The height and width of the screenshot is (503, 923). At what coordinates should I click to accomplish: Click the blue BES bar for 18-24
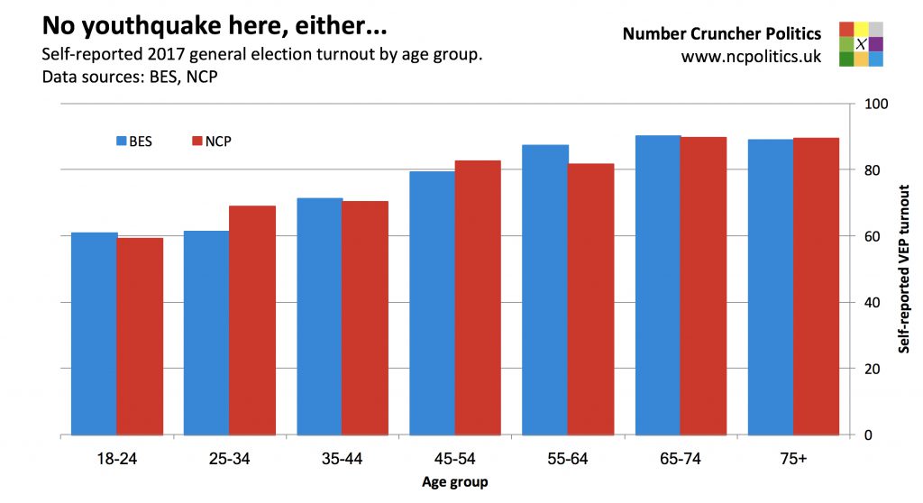point(95,334)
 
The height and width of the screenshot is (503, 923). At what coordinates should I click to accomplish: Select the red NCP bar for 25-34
point(252,320)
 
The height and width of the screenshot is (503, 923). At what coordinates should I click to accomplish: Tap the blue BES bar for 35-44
point(320,316)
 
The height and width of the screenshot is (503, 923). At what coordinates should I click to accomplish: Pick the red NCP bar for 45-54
point(478,297)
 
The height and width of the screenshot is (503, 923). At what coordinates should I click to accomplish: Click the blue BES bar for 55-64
point(545,289)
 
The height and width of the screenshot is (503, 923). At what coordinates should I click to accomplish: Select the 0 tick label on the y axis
point(869,435)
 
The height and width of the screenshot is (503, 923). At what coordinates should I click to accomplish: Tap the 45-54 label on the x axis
point(455,459)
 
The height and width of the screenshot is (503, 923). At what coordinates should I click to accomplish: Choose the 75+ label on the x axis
point(793,459)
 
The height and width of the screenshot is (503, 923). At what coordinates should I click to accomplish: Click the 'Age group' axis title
point(455,482)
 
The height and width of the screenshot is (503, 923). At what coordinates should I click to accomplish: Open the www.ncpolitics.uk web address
point(751,57)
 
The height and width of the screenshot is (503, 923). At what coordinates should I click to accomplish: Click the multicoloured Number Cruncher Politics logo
point(861,44)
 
